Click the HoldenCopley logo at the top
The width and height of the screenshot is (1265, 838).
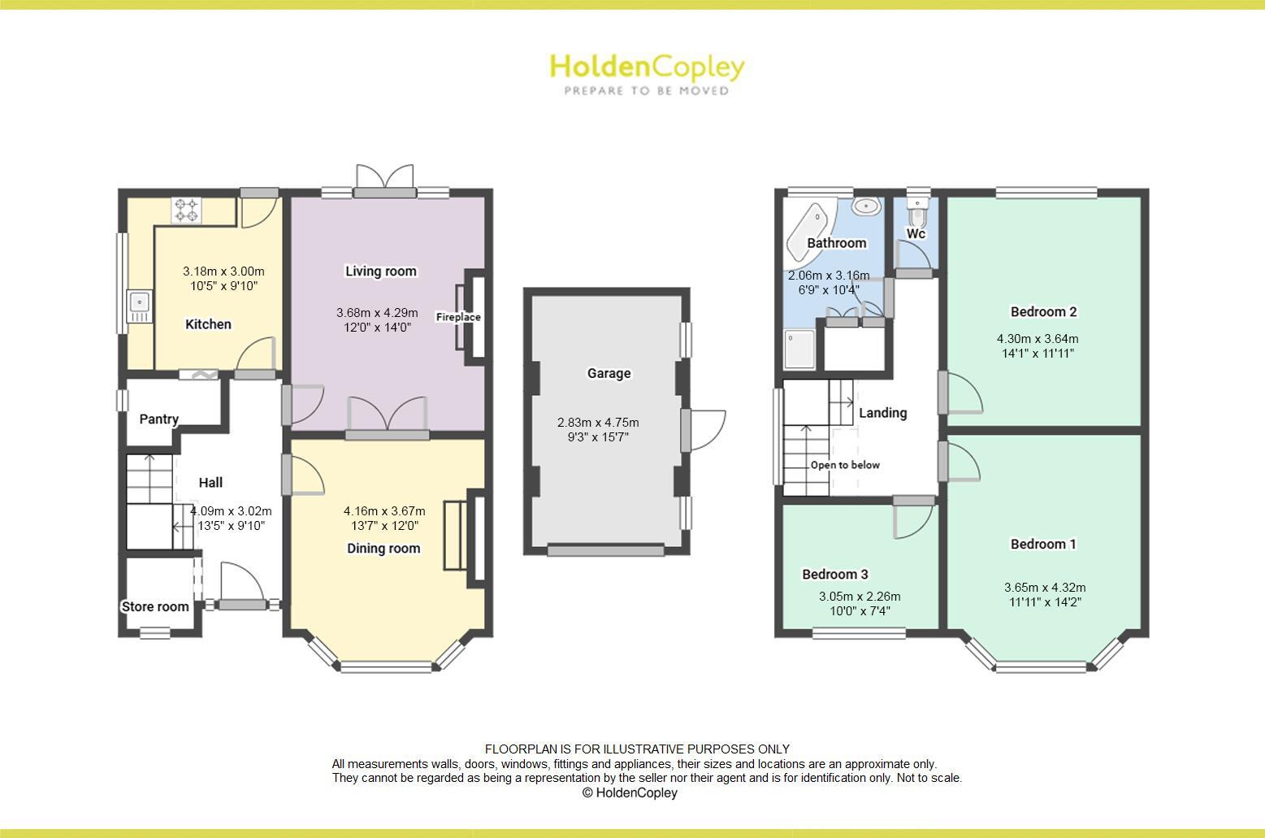tap(647, 73)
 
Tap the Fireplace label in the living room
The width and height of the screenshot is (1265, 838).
tap(458, 317)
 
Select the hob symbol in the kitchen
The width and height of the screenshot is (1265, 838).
tap(186, 210)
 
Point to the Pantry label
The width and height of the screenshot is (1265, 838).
tap(158, 419)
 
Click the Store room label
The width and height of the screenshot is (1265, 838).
tap(155, 606)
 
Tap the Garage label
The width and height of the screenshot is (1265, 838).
tap(609, 373)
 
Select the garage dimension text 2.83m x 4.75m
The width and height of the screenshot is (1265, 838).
tap(598, 423)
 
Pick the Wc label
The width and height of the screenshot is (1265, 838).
tap(916, 234)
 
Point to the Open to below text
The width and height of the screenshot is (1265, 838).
tap(845, 465)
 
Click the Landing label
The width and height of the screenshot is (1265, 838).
tap(882, 413)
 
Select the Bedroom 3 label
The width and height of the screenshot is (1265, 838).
tap(835, 575)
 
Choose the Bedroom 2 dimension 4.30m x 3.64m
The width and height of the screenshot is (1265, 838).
tap(1038, 339)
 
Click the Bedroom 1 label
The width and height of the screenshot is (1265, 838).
tap(1043, 544)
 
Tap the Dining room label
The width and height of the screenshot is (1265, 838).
tap(383, 549)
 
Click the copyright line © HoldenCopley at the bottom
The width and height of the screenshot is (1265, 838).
tap(630, 792)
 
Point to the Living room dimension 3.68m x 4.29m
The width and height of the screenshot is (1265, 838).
tap(377, 313)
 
